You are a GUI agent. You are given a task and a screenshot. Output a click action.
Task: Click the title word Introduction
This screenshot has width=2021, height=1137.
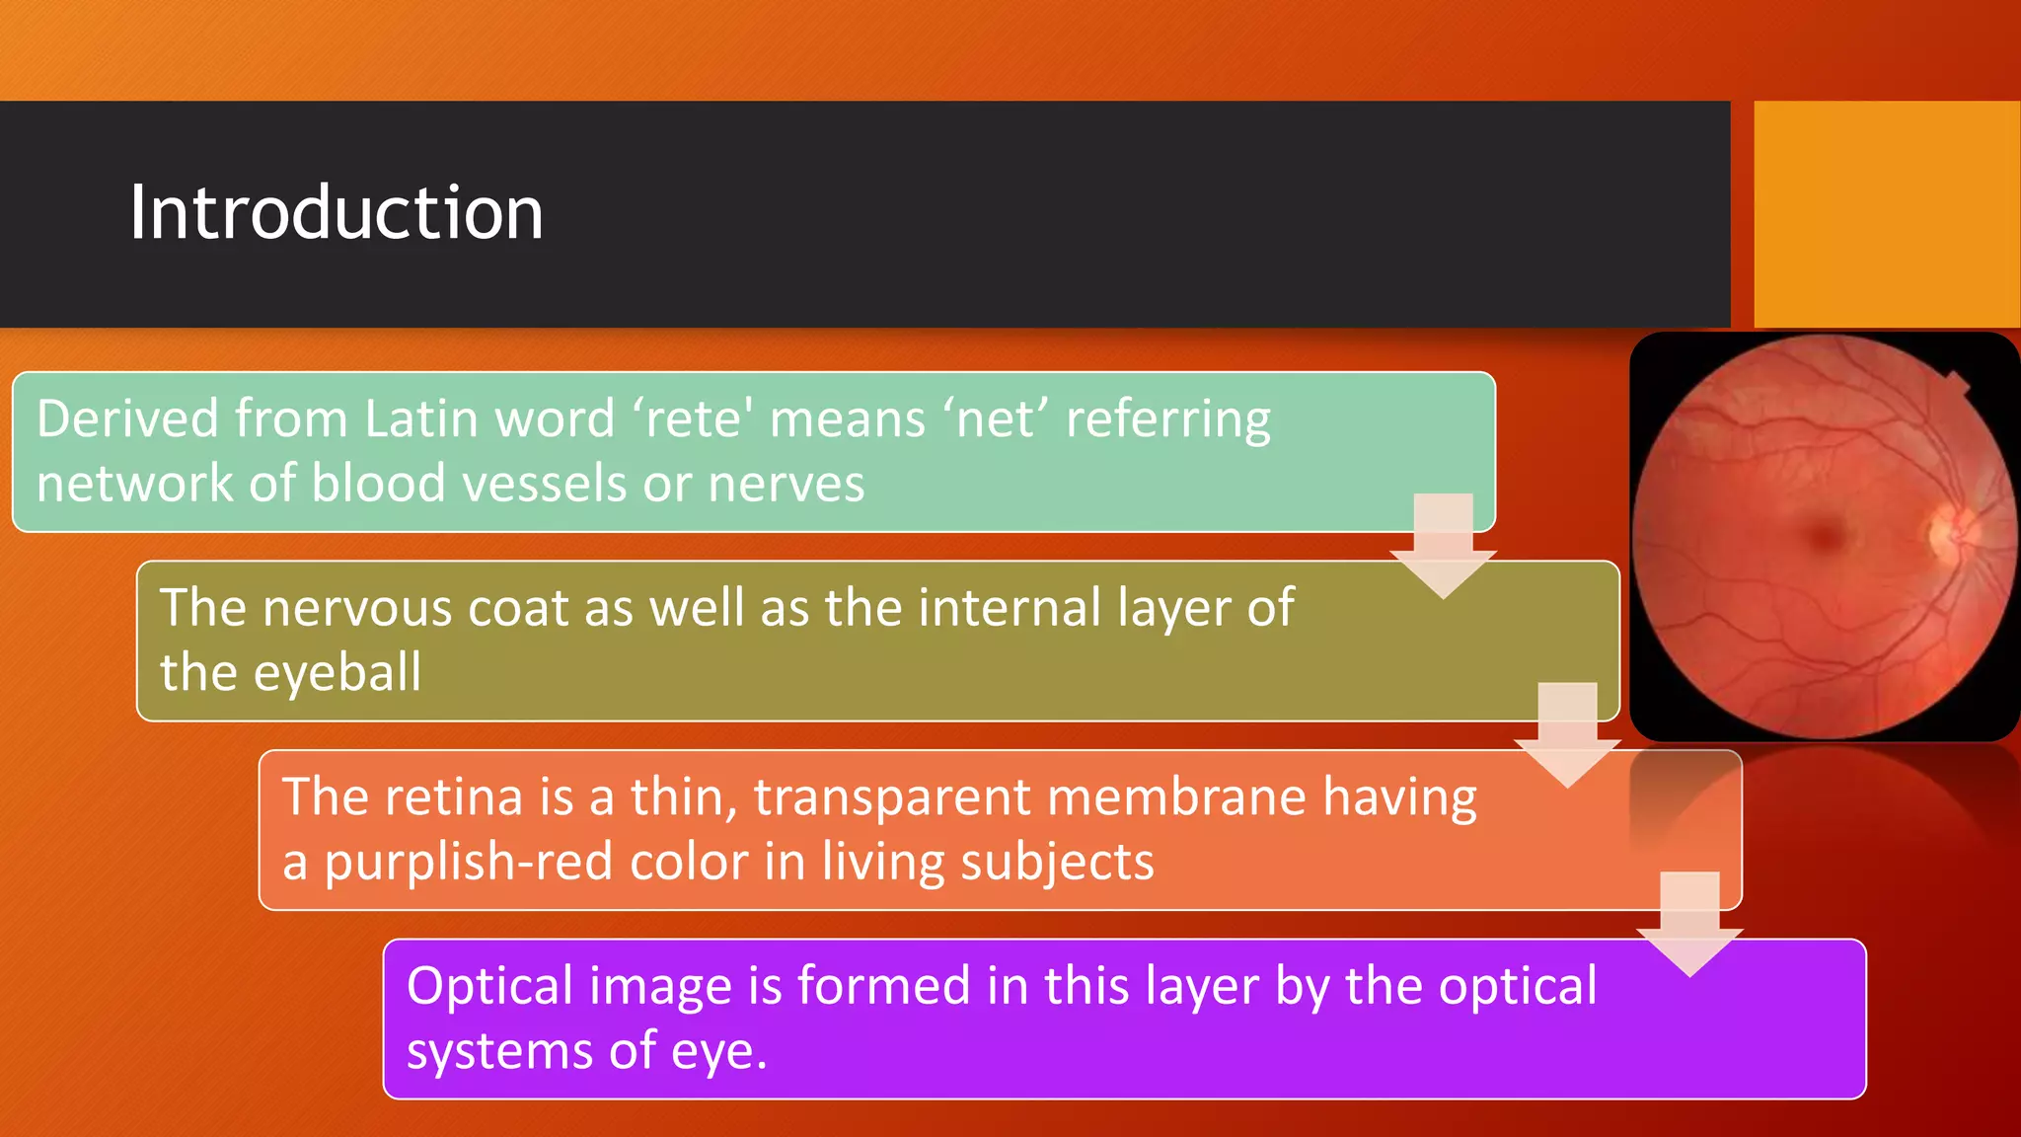(336, 213)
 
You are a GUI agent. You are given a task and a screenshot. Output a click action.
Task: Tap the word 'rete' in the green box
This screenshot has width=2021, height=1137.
(692, 418)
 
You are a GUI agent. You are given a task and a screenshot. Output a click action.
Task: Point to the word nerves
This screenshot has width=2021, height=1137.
(786, 484)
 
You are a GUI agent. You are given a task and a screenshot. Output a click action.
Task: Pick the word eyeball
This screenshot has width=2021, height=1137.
(337, 672)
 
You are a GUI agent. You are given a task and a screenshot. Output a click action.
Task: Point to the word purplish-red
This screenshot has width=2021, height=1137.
(468, 862)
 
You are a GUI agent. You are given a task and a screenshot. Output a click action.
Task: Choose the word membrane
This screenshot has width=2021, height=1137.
(1176, 796)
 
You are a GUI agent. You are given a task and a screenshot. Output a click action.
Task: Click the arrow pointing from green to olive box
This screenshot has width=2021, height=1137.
(1443, 549)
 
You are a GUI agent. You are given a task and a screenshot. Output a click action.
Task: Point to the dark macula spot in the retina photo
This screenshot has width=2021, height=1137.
(1827, 536)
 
